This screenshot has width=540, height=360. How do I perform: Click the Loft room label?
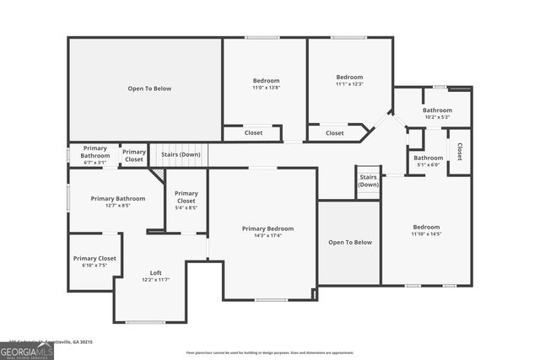point(156,272)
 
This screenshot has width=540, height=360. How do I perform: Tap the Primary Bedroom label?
point(267,228)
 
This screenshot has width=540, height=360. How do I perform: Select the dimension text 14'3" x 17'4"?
point(267,235)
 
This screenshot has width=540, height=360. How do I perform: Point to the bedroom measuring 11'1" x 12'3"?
point(349,80)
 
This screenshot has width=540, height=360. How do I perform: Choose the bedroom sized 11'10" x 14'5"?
point(426,230)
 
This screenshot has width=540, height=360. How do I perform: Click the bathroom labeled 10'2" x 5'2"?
point(437,113)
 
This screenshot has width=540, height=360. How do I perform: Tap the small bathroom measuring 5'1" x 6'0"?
point(428,160)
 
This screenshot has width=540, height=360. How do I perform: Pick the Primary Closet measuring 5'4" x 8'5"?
point(186,201)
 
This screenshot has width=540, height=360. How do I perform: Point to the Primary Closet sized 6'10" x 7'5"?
point(94,261)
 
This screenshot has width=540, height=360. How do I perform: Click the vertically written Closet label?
point(460,151)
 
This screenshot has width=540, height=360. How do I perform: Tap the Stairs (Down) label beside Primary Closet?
point(181,154)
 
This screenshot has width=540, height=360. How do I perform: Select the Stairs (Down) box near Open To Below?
point(368,181)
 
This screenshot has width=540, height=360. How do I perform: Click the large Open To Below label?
point(149,88)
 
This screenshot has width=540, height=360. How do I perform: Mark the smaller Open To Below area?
point(349,242)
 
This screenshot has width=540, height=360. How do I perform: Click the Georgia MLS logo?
point(27,349)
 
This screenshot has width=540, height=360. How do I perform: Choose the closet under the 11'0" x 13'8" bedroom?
point(253,132)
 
